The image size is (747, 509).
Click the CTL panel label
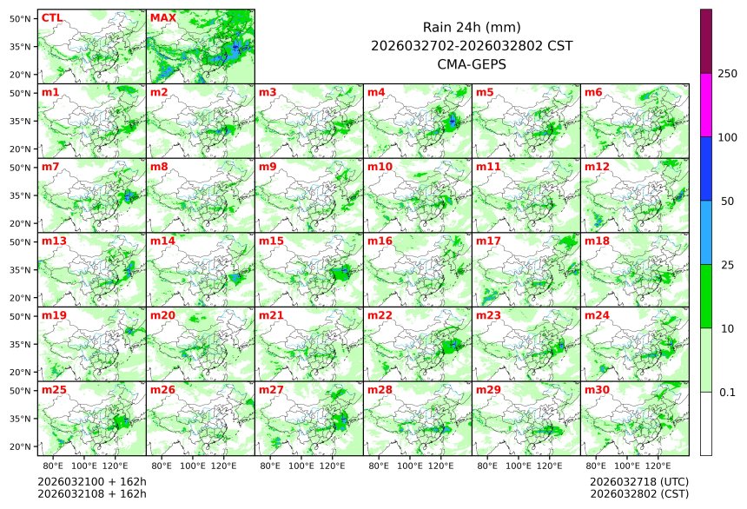(x=51, y=17)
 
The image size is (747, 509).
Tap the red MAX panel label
(x=162, y=17)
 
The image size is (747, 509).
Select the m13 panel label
(x=54, y=241)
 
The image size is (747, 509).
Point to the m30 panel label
(x=597, y=390)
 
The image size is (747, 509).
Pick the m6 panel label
(x=593, y=92)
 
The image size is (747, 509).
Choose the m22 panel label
(x=380, y=315)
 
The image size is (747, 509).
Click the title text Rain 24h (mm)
(x=471, y=27)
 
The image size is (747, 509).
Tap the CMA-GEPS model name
(x=471, y=63)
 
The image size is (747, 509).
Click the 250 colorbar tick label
(x=727, y=73)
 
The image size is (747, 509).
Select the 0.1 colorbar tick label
(x=727, y=392)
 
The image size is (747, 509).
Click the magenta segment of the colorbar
(x=706, y=104)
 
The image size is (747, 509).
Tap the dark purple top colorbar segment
(x=706, y=41)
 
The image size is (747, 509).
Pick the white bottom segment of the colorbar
(x=706, y=423)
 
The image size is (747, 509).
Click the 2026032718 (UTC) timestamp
(x=638, y=481)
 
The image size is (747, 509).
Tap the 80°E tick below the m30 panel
(x=596, y=466)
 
